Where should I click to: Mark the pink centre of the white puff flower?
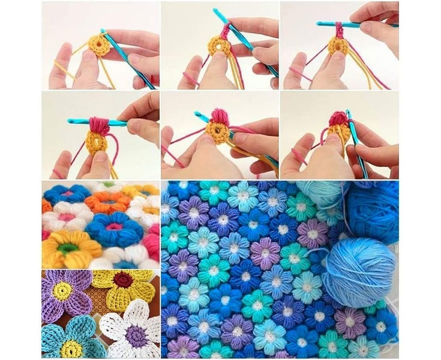pyautogui.click(x=66, y=216)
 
